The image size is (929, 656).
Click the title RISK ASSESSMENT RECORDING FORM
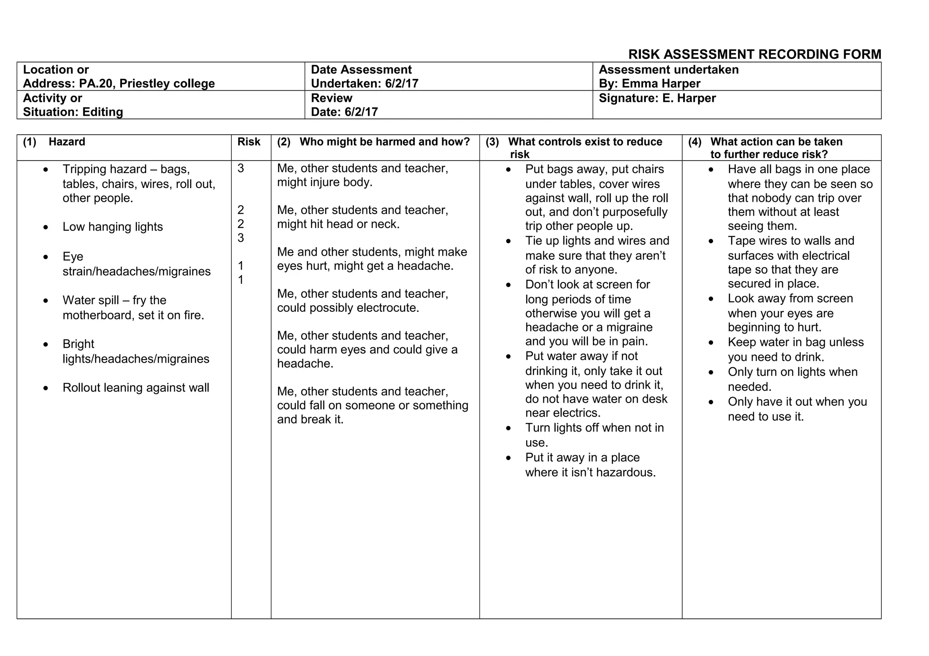[x=754, y=54]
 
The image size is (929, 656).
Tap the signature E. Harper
[x=689, y=98]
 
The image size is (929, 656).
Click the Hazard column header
[x=67, y=142]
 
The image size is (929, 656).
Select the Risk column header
[x=249, y=142]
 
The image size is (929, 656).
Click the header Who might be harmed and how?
[x=384, y=142]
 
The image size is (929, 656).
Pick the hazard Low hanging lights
[x=112, y=227]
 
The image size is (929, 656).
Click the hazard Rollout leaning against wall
[x=136, y=388]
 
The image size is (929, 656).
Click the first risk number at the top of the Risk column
[x=240, y=169]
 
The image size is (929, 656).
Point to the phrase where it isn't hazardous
[x=590, y=473]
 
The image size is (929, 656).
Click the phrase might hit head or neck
[x=338, y=224]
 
